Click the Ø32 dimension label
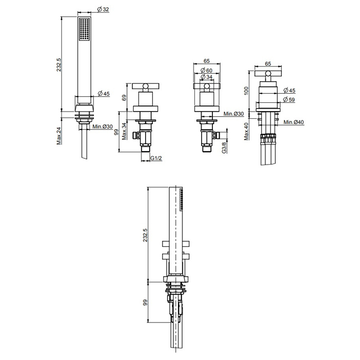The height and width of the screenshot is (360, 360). click(x=103, y=9)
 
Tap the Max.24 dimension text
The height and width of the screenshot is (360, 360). click(x=60, y=136)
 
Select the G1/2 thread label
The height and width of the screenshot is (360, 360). click(x=156, y=158)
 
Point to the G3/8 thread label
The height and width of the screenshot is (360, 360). click(x=225, y=147)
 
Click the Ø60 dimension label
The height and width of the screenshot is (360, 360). click(x=206, y=70)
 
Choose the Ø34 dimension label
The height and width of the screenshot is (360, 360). click(x=206, y=77)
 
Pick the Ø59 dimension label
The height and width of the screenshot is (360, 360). click(x=289, y=100)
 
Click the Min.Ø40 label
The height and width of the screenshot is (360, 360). click(x=294, y=122)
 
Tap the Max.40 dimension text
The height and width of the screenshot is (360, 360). click(x=246, y=131)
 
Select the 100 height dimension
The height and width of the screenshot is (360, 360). click(x=246, y=91)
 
